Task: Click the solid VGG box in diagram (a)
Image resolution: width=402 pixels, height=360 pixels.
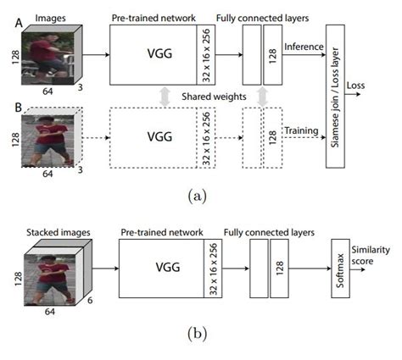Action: pos(153,53)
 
